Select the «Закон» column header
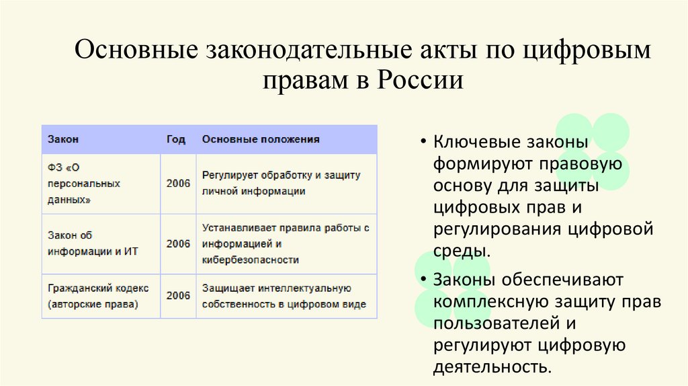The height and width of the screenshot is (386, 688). click(x=63, y=139)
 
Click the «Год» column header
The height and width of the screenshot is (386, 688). click(x=176, y=139)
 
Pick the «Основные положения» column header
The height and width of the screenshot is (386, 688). click(x=261, y=139)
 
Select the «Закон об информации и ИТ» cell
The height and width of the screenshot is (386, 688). click(x=84, y=243)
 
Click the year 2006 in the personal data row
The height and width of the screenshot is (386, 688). click(x=178, y=183)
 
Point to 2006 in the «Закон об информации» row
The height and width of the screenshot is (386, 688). click(x=178, y=243)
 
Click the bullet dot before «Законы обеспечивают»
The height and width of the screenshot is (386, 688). click(x=425, y=280)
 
